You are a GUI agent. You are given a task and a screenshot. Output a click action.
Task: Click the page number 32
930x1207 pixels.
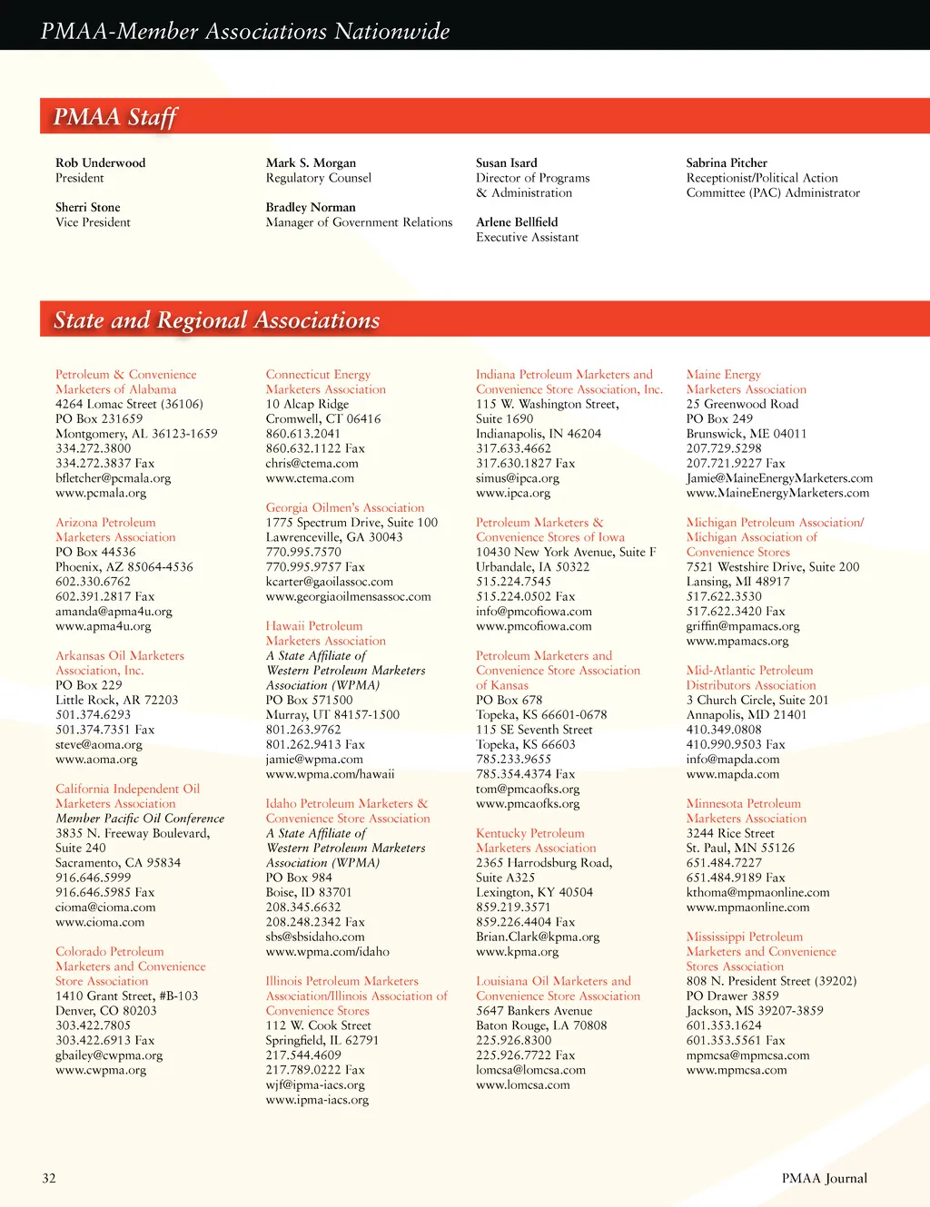click(x=49, y=1178)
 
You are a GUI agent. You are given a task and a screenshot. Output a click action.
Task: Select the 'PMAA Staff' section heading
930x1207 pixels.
click(x=114, y=117)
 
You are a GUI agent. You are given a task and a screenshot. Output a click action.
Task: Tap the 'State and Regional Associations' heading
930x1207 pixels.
click(x=216, y=320)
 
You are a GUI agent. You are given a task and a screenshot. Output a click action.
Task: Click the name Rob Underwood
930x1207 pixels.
click(x=100, y=163)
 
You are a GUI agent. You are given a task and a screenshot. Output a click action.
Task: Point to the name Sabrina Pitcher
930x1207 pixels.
click(x=727, y=163)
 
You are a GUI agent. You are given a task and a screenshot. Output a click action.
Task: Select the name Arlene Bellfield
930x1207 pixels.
click(x=517, y=222)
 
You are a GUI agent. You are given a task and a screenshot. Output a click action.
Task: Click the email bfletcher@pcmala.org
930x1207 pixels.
click(x=113, y=478)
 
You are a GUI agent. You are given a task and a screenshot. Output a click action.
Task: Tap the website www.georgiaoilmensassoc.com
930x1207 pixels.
click(x=348, y=597)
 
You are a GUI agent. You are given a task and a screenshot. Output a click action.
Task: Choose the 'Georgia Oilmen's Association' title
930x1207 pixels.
click(x=344, y=508)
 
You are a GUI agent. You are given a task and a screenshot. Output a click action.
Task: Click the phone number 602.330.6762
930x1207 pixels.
click(x=93, y=582)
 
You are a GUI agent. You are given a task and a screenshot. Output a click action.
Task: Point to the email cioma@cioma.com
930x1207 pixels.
click(x=105, y=908)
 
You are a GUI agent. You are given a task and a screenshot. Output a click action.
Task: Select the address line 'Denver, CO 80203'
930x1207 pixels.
click(x=105, y=1011)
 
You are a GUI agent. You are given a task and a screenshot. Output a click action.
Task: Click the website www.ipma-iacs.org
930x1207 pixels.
click(x=317, y=1100)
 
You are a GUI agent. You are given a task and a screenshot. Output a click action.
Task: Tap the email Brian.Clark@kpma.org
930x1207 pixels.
click(x=538, y=937)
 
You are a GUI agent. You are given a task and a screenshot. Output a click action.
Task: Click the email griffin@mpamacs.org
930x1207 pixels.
click(x=743, y=626)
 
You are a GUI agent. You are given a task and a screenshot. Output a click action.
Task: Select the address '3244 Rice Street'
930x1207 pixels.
click(x=730, y=833)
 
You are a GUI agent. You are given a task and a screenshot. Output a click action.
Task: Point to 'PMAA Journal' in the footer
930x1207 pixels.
click(x=824, y=1178)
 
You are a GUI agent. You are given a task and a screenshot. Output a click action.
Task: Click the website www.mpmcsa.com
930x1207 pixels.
click(x=737, y=1070)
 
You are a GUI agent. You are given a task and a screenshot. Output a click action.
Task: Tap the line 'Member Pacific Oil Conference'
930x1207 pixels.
click(x=140, y=819)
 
